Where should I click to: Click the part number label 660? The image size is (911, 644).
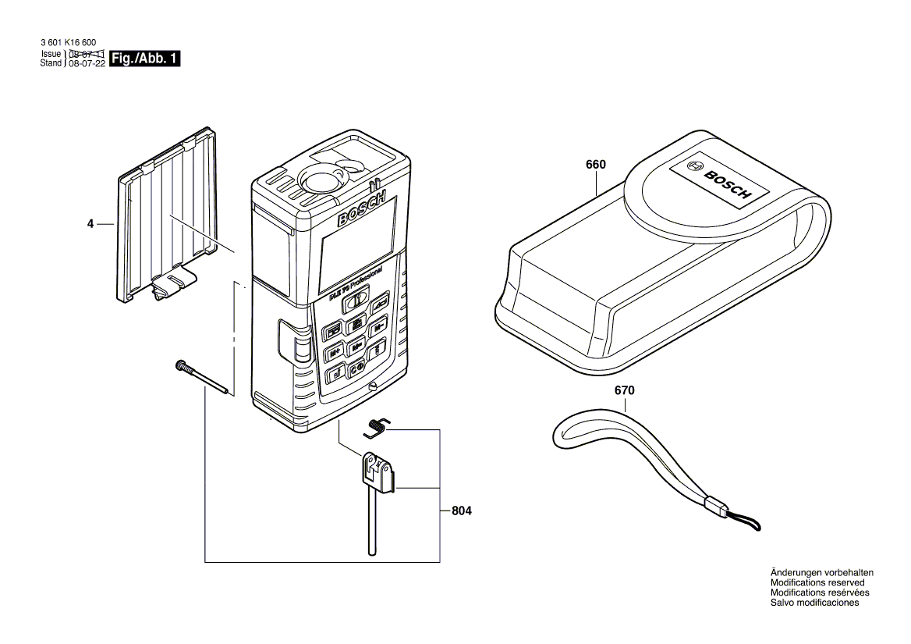click(595, 165)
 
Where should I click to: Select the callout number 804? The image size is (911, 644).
click(462, 511)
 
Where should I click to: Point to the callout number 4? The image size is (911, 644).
click(90, 224)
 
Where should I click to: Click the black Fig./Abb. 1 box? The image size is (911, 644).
click(146, 59)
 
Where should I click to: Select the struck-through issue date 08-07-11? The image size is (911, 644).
click(87, 54)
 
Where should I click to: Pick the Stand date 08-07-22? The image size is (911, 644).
click(87, 63)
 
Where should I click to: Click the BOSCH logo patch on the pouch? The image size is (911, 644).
click(718, 183)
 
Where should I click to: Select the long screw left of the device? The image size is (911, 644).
click(204, 379)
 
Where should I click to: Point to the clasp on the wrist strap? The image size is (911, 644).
click(714, 506)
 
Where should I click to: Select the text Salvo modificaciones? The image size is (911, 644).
click(814, 603)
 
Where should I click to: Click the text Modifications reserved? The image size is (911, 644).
click(817, 582)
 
